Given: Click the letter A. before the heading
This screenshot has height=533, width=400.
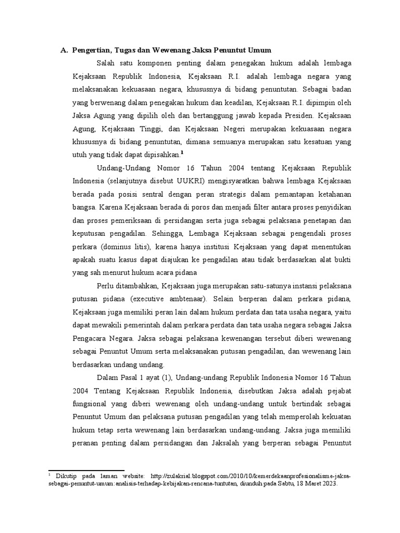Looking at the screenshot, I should pos(64,50).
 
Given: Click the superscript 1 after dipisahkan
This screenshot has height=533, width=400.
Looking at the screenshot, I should pos(182,153).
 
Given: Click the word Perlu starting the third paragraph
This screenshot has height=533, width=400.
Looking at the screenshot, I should pos(106,286).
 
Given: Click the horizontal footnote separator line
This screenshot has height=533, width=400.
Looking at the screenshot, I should pos(86,470).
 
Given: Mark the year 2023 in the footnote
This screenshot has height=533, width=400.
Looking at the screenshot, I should pos(328,483).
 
